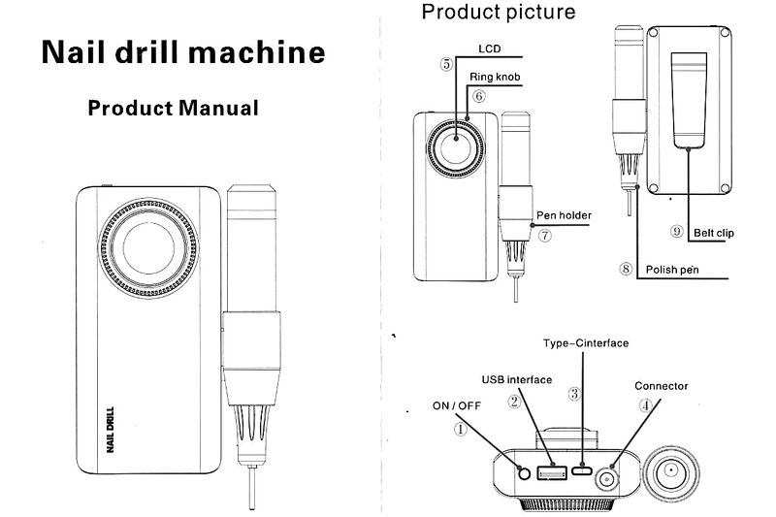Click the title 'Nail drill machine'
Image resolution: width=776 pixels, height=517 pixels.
click(183, 51)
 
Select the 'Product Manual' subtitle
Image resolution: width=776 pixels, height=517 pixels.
click(174, 107)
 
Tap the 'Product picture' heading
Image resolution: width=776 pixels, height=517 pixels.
click(498, 13)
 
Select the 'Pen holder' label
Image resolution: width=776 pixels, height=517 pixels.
click(564, 215)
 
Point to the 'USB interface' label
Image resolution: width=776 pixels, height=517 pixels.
click(516, 379)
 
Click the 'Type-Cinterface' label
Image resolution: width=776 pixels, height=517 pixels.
click(587, 343)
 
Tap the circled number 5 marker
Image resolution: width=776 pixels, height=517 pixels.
click(446, 65)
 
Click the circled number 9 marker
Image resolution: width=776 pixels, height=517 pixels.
click(677, 232)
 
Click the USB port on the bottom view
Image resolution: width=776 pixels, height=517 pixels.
click(552, 472)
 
